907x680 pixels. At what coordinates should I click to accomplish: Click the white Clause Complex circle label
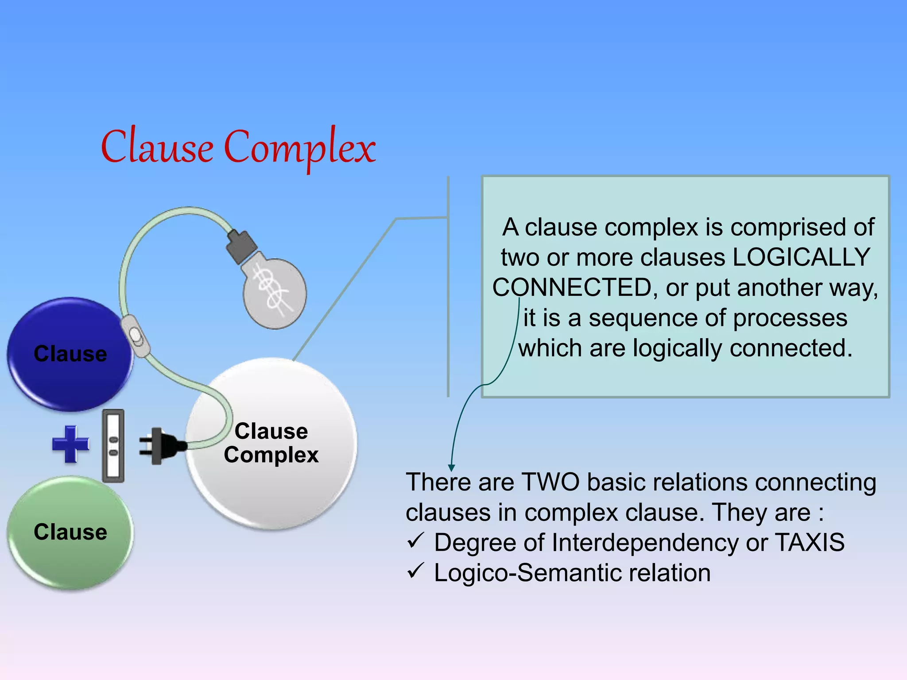click(271, 443)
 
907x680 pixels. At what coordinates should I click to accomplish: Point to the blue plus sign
click(70, 444)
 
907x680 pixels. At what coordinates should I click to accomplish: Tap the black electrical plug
click(162, 445)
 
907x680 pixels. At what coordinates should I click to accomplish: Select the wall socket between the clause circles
click(113, 445)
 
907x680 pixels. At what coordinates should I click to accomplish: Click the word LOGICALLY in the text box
click(802, 257)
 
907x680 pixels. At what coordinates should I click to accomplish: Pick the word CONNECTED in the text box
click(572, 287)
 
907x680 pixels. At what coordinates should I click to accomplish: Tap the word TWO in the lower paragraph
click(550, 482)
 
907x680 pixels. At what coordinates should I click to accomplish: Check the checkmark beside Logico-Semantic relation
click(415, 571)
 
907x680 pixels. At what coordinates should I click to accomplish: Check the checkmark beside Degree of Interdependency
click(415, 541)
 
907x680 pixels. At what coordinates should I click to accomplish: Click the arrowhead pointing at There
click(451, 467)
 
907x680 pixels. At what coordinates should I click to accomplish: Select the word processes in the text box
click(790, 318)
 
